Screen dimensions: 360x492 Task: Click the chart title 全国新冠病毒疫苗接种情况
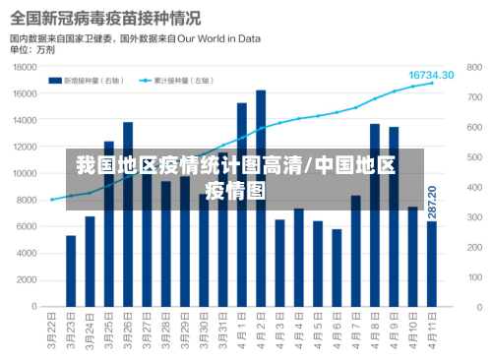tap(105, 18)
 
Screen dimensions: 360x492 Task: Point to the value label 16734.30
tap(431, 75)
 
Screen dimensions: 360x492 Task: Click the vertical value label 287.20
tap(431, 202)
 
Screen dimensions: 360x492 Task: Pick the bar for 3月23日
tap(71, 270)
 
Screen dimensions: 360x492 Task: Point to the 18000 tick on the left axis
tap(25, 67)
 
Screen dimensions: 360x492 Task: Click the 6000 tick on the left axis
tap(28, 226)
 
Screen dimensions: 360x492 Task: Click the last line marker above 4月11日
tap(431, 84)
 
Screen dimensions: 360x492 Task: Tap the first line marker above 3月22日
tap(52, 200)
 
